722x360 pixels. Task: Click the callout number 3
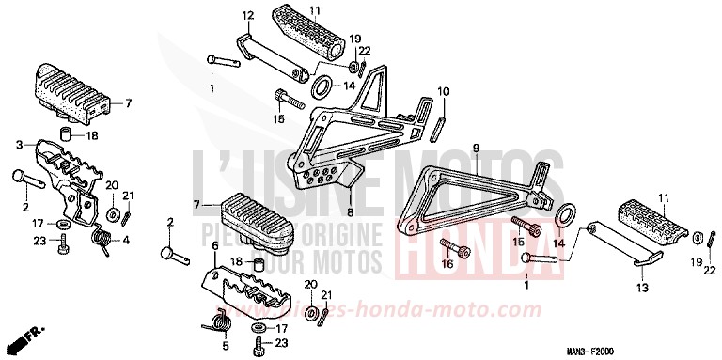tap(19, 145)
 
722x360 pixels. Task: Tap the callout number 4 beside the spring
tap(127, 240)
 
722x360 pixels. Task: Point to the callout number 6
tap(213, 244)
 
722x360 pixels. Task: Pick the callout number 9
tap(476, 149)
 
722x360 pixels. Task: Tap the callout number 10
tap(444, 90)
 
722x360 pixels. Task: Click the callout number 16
tap(447, 266)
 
